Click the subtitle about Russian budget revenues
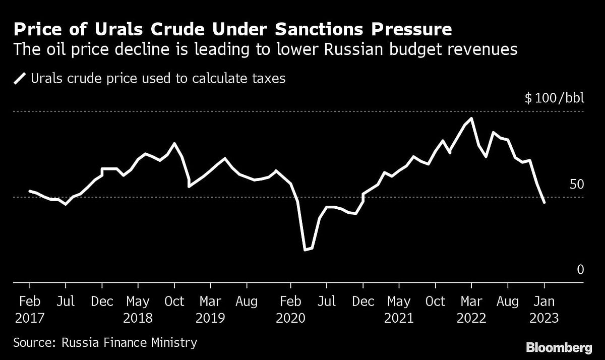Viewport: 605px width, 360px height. point(266,50)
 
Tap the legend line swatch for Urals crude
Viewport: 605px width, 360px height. point(21,79)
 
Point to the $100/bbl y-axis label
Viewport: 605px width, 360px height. point(554,97)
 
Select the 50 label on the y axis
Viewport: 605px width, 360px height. point(576,184)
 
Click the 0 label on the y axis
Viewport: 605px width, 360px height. point(580,270)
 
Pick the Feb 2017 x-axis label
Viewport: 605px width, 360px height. point(30,310)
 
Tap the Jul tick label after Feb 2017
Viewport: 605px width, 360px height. point(65,302)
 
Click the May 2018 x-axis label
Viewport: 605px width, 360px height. point(138,310)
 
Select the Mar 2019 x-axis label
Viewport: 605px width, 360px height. point(210,310)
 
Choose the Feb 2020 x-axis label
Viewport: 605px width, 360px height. point(290,310)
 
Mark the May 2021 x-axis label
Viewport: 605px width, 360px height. point(399,310)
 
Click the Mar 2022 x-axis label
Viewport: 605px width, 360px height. point(471,310)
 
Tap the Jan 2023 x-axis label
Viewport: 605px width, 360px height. point(544,310)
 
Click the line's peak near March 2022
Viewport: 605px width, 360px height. point(471,119)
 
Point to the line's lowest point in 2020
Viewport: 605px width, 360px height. point(305,250)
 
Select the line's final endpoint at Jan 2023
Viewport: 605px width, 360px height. point(544,203)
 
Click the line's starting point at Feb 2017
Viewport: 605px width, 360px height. point(30,191)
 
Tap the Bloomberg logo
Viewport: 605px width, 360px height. point(559,347)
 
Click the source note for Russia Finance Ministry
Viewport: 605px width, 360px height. point(105,343)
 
